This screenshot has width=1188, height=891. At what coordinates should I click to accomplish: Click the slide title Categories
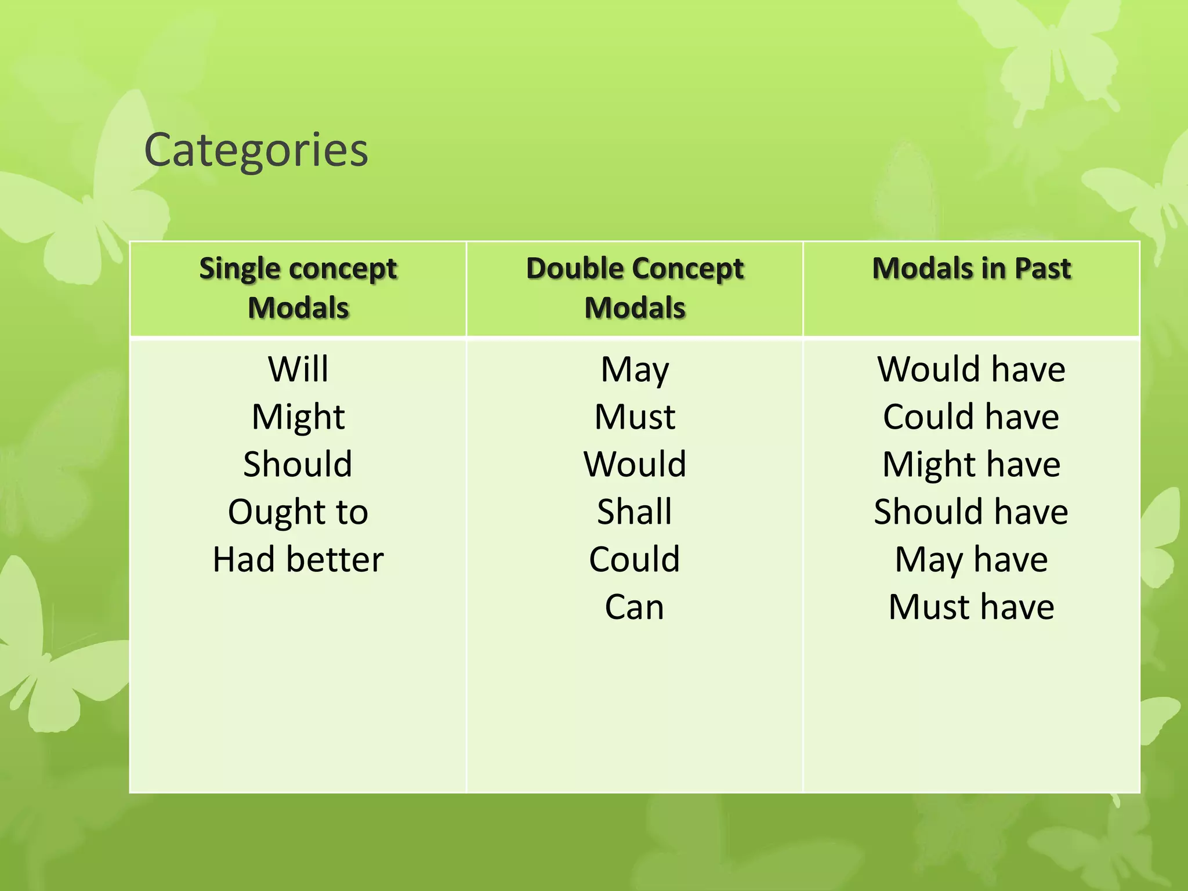[256, 150]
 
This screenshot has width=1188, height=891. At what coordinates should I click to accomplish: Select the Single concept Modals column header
[298, 288]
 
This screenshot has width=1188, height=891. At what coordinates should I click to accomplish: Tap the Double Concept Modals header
[635, 288]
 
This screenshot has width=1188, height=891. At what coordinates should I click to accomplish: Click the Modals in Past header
[971, 269]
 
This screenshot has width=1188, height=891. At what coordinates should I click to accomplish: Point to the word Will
[298, 369]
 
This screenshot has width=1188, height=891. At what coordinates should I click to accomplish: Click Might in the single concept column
[298, 416]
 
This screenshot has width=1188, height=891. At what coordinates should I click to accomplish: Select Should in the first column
[298, 464]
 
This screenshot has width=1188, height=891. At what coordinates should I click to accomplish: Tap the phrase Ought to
[298, 512]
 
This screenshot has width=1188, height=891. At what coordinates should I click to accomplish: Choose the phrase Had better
[298, 559]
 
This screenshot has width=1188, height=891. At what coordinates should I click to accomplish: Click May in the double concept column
[635, 370]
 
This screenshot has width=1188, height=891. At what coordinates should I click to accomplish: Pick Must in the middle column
[635, 416]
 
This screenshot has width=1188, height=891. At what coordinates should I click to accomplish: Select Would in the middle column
[635, 464]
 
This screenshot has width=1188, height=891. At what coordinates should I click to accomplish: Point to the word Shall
[635, 512]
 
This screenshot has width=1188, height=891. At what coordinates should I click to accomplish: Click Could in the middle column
[635, 559]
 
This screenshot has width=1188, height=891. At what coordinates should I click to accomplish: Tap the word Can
[635, 607]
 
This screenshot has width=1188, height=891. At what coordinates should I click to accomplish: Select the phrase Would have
[971, 369]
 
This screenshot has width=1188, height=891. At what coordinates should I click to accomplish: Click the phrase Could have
[971, 416]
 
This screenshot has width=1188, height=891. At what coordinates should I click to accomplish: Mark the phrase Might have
[971, 464]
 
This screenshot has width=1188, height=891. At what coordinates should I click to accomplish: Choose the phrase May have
[971, 559]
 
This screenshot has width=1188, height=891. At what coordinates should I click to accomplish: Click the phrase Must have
[971, 607]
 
